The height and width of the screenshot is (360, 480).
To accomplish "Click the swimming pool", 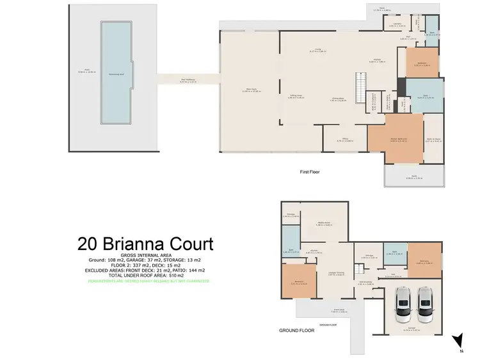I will (115, 74).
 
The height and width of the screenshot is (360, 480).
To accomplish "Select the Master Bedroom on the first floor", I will (396, 132).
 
